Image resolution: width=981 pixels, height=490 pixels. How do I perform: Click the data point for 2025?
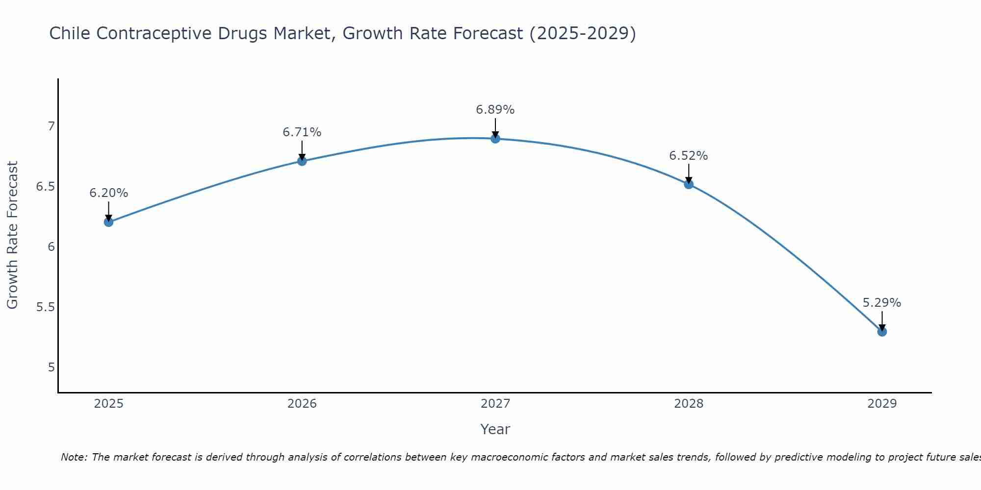[108, 222]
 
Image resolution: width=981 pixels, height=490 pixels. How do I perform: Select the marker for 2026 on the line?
[302, 161]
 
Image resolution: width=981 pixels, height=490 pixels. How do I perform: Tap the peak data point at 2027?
[495, 139]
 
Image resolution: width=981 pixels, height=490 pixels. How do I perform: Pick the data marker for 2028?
[689, 184]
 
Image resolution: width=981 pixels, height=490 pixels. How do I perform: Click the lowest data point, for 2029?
[882, 332]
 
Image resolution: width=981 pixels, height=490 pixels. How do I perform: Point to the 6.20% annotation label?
[108, 193]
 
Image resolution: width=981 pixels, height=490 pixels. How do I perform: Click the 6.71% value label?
[302, 132]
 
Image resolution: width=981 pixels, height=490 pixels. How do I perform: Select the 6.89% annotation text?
[495, 110]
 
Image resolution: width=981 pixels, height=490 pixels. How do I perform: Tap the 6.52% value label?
[689, 156]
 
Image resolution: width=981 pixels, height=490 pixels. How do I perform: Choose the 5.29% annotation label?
[882, 303]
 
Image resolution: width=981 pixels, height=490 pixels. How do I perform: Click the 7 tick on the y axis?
[51, 126]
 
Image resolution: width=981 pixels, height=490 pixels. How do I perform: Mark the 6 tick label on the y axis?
[51, 247]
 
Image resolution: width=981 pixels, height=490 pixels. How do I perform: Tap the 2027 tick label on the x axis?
[495, 404]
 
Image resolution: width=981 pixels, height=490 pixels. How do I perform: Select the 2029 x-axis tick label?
[882, 404]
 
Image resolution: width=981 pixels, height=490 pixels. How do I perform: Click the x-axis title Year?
[495, 429]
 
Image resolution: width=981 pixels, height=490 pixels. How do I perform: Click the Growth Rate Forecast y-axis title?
[12, 235]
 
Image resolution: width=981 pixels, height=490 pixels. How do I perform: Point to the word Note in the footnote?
[74, 457]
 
